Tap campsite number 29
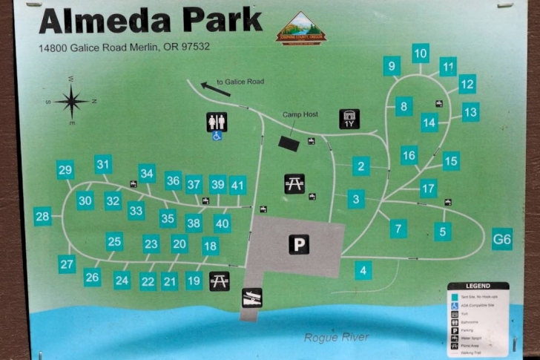click(x=65, y=170)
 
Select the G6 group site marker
click(x=502, y=239)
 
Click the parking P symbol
click(x=299, y=244)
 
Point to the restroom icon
click(x=217, y=121)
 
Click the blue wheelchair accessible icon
click(x=217, y=137)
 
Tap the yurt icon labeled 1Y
click(x=349, y=120)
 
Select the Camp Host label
click(x=300, y=114)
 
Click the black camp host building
click(x=289, y=144)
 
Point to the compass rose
click(x=72, y=101)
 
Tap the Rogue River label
click(x=336, y=338)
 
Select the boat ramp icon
click(x=251, y=298)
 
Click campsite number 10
click(x=421, y=53)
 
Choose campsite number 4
click(x=363, y=270)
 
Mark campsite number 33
click(x=136, y=211)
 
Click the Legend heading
click(x=478, y=286)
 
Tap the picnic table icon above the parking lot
click(x=294, y=183)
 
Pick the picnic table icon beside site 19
click(x=219, y=281)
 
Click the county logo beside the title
click(x=300, y=28)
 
